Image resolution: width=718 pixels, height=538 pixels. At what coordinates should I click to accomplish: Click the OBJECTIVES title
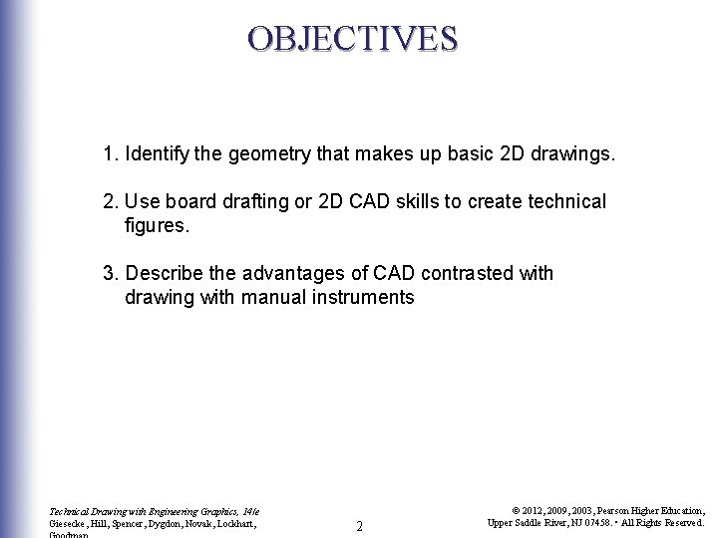(x=353, y=38)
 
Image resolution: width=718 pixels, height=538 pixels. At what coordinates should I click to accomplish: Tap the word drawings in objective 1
(x=574, y=155)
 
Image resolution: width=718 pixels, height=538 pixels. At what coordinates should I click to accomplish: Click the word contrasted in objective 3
(x=463, y=273)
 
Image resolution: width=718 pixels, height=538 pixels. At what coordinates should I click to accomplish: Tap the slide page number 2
(x=359, y=525)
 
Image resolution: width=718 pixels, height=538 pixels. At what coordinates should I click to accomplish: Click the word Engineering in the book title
(x=168, y=511)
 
